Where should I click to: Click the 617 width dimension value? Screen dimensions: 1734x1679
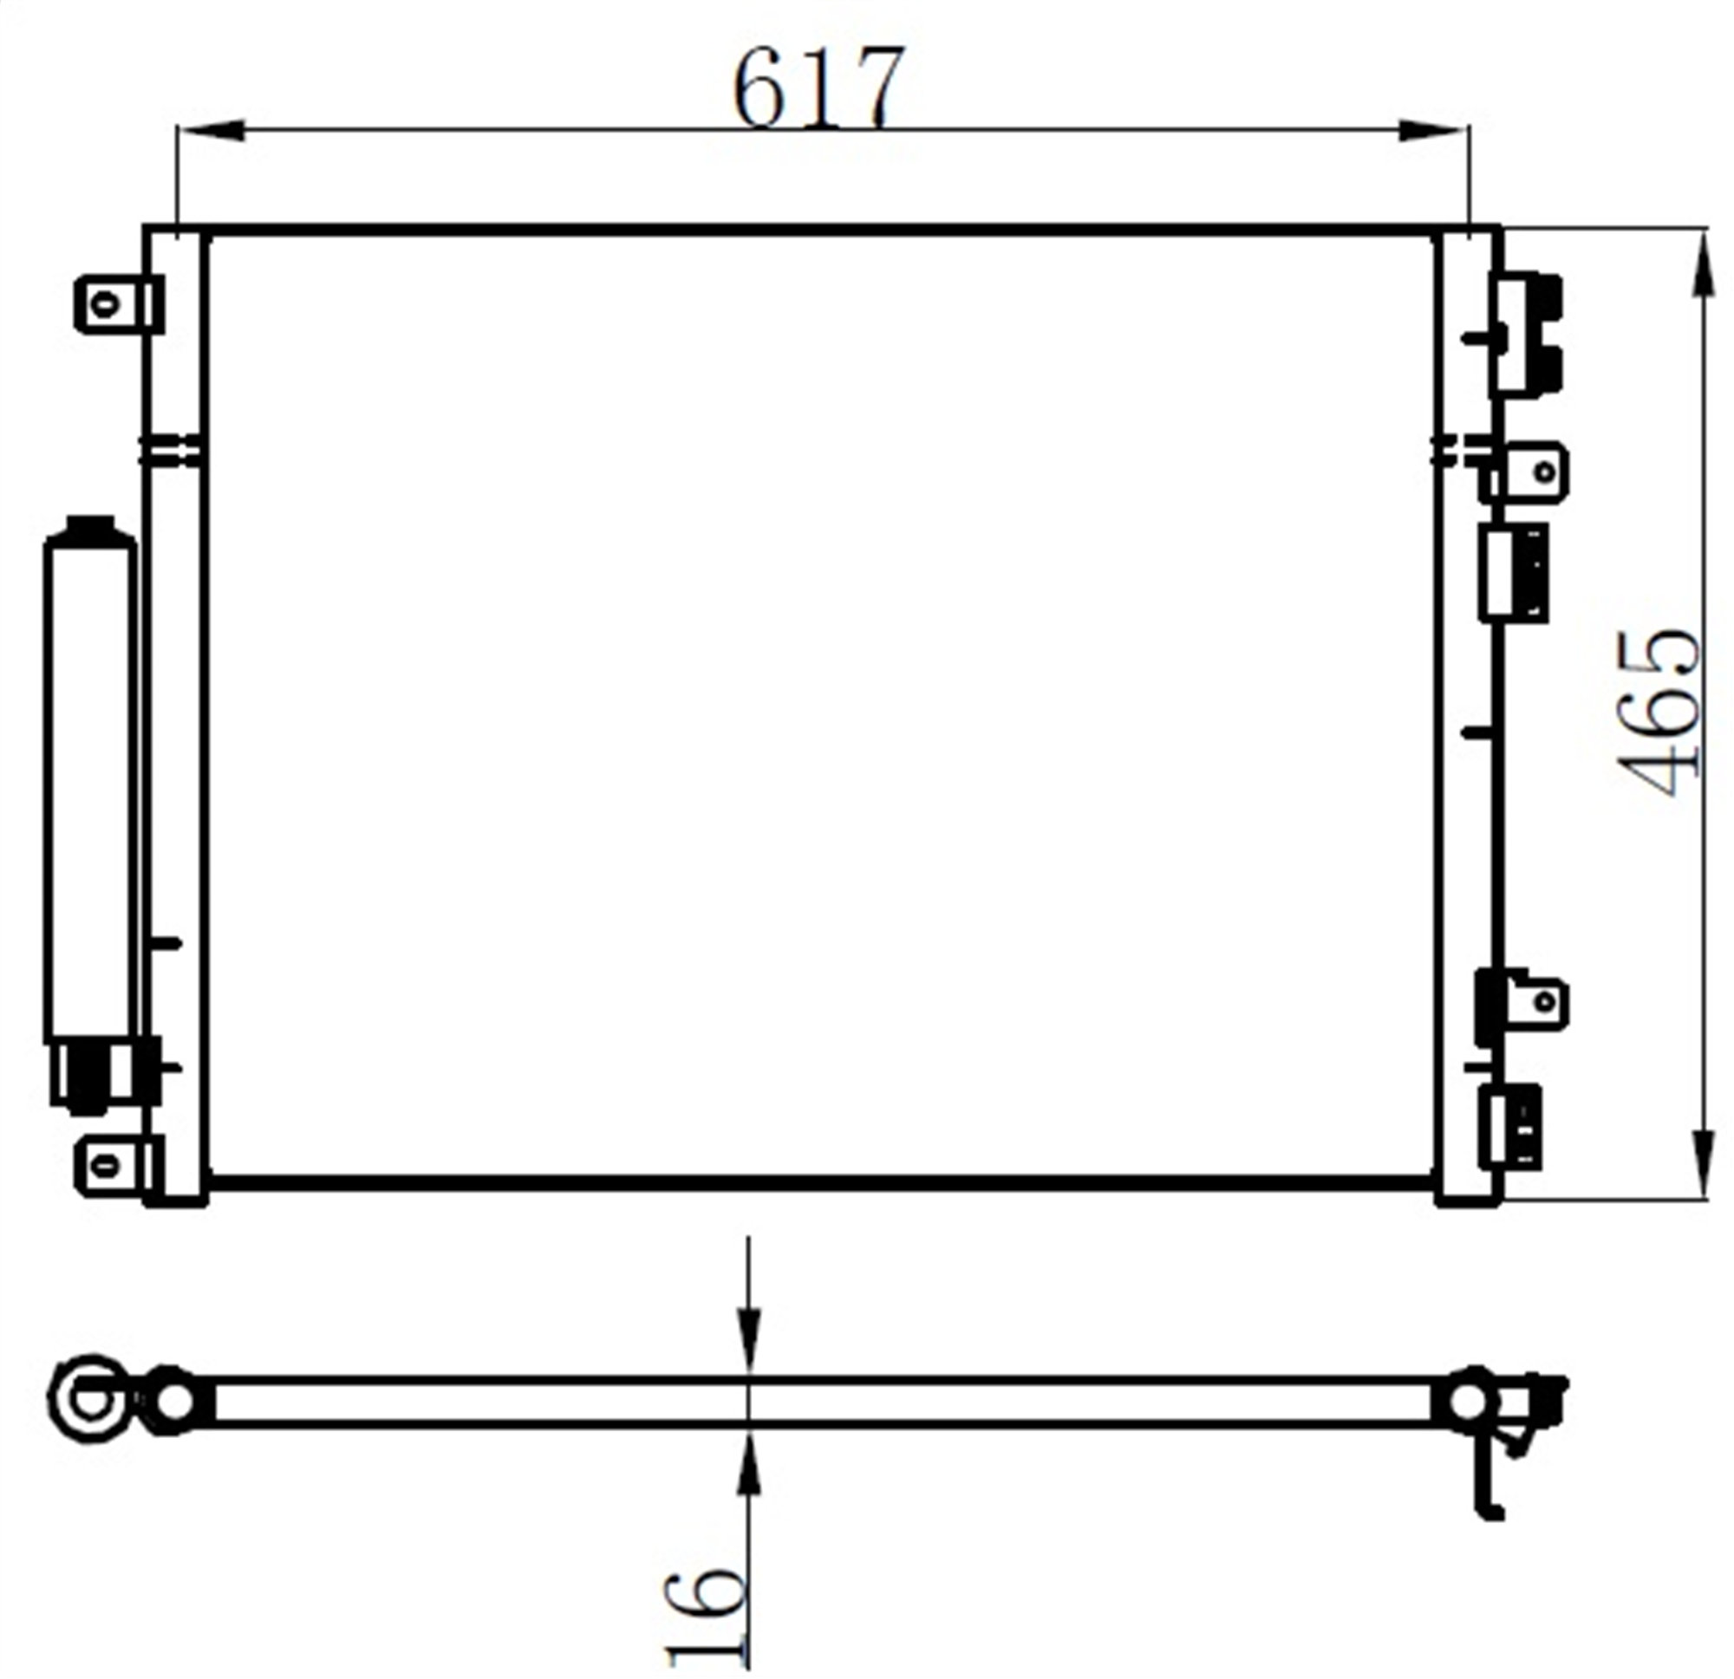tap(819, 87)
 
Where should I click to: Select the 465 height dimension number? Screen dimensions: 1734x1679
tap(1658, 713)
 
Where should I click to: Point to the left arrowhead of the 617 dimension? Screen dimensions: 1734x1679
tap(212, 131)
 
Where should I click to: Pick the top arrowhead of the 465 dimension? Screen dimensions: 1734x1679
tap(1702, 262)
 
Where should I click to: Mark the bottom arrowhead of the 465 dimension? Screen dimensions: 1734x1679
tap(1702, 1165)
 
